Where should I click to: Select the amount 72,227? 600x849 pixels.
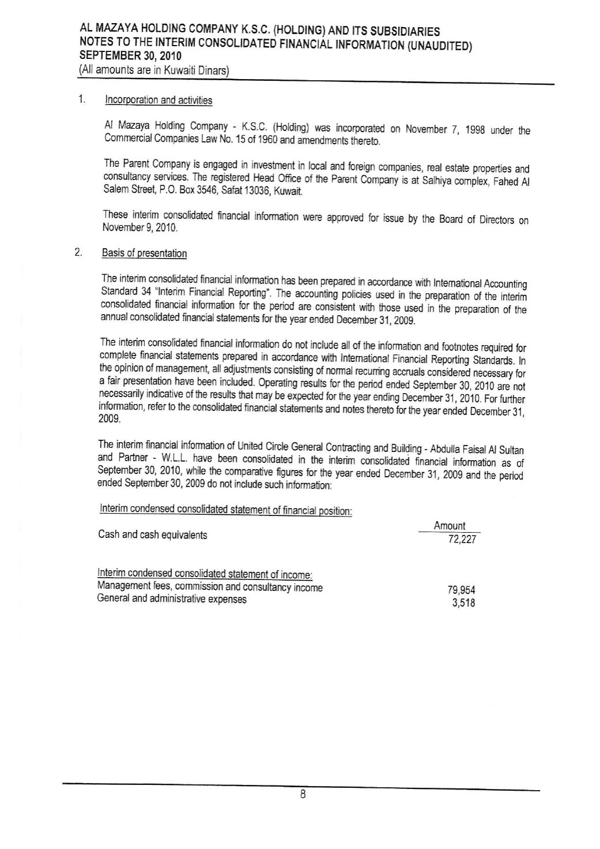(x=462, y=540)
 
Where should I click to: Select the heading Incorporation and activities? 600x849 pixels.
(x=157, y=100)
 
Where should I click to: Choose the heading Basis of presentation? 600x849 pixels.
(x=144, y=253)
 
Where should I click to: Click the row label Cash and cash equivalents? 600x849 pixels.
(x=152, y=535)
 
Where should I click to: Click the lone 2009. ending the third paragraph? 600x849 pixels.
(x=110, y=420)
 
